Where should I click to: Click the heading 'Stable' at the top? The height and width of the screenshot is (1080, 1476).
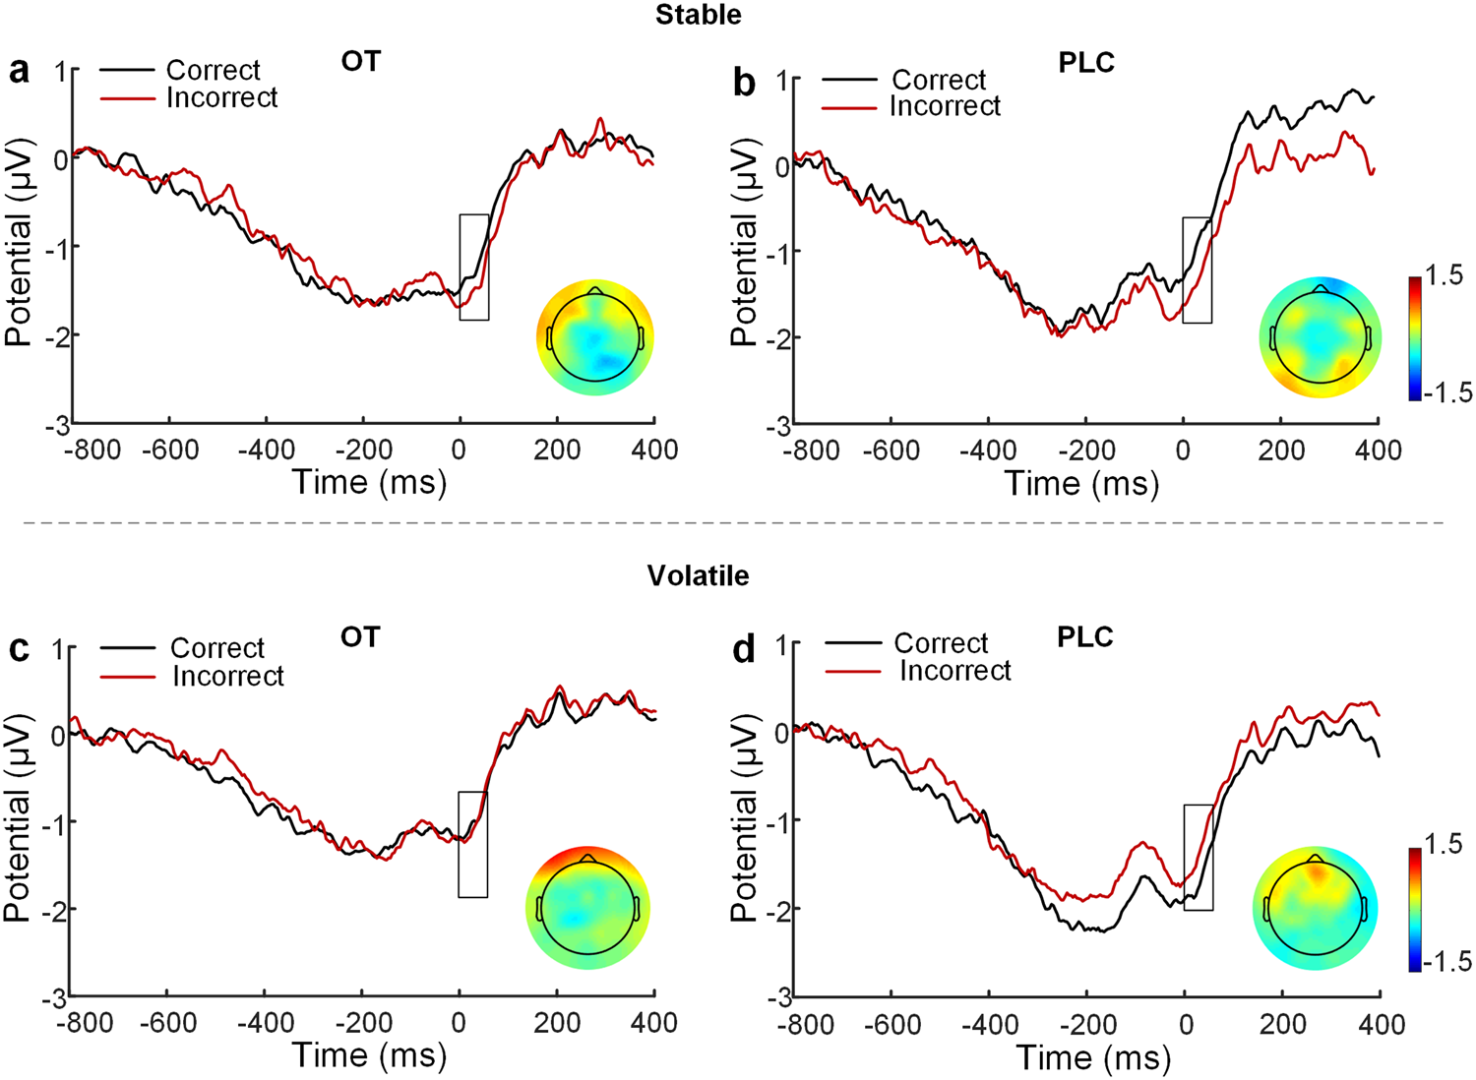(699, 14)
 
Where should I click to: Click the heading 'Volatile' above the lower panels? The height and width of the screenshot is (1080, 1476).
(698, 575)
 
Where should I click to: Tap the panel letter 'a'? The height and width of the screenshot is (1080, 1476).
(19, 73)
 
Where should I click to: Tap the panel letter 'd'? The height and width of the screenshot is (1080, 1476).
(745, 650)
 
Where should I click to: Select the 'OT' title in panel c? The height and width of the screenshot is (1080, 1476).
(360, 637)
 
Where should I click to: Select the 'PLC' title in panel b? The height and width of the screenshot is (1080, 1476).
(1086, 63)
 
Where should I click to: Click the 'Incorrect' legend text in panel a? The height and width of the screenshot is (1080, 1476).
(221, 98)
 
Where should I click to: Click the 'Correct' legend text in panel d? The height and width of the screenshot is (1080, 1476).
(941, 643)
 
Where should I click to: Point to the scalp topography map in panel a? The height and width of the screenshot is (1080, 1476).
(595, 337)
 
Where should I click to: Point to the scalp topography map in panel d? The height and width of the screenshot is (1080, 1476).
(1316, 910)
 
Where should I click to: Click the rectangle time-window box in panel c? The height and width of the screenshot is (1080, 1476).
(472, 844)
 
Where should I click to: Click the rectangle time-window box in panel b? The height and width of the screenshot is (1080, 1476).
(1197, 270)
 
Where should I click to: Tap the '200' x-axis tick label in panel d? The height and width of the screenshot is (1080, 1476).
(1283, 1025)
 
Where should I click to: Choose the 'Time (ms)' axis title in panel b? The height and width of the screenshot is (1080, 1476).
(1081, 484)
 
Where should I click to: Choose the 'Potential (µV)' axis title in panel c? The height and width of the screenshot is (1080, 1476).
(18, 818)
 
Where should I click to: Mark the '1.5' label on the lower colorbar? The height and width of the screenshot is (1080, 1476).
(1443, 845)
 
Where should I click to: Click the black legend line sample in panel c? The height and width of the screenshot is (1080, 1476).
(127, 648)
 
